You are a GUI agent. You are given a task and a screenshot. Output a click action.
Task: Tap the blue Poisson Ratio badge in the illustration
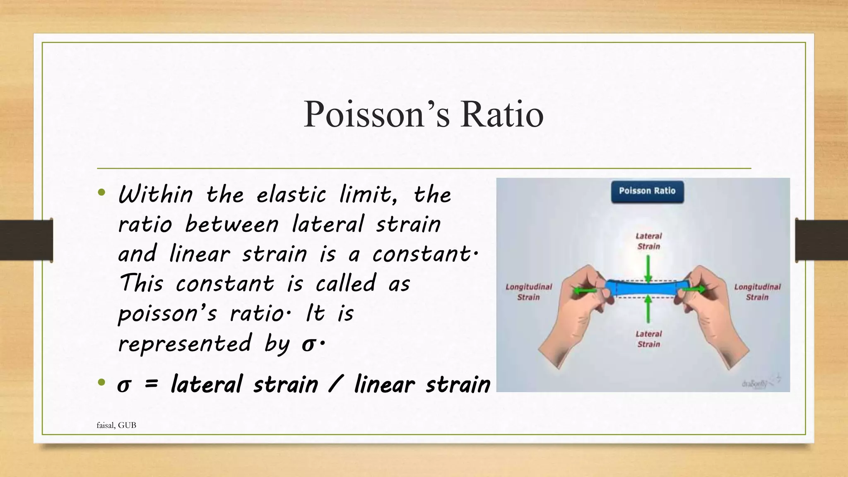click(x=647, y=191)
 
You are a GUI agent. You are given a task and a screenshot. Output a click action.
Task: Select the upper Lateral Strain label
click(x=648, y=241)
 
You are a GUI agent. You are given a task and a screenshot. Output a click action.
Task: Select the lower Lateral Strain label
click(x=648, y=339)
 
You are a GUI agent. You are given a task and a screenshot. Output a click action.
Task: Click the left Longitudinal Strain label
click(x=529, y=291)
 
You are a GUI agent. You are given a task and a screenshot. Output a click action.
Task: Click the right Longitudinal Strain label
click(x=757, y=291)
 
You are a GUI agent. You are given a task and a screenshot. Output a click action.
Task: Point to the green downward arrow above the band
click(x=648, y=268)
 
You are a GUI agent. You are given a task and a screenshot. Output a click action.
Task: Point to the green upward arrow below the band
click(x=648, y=308)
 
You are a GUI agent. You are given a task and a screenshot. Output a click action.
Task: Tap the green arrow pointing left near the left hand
click(x=585, y=291)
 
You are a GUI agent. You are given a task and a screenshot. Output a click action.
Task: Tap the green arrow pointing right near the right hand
click(x=694, y=289)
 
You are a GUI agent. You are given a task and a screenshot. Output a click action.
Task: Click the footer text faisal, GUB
click(x=116, y=425)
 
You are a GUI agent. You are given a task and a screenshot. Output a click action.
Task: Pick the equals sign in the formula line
click(x=151, y=384)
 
